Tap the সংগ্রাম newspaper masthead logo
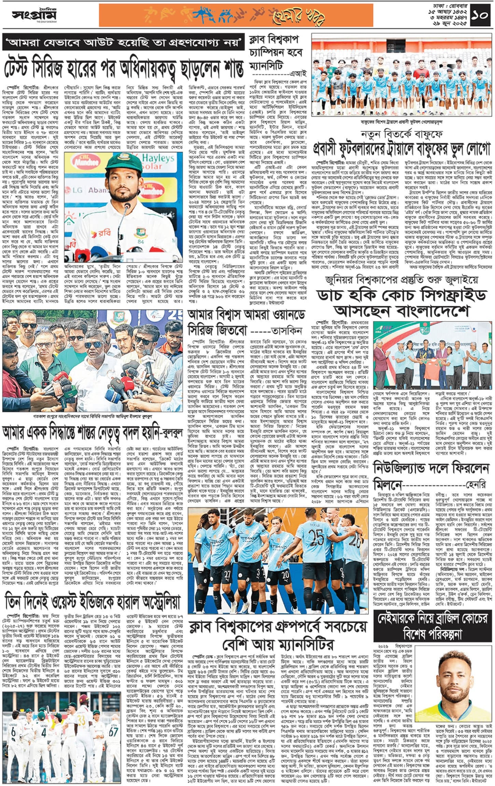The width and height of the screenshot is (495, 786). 34,15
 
